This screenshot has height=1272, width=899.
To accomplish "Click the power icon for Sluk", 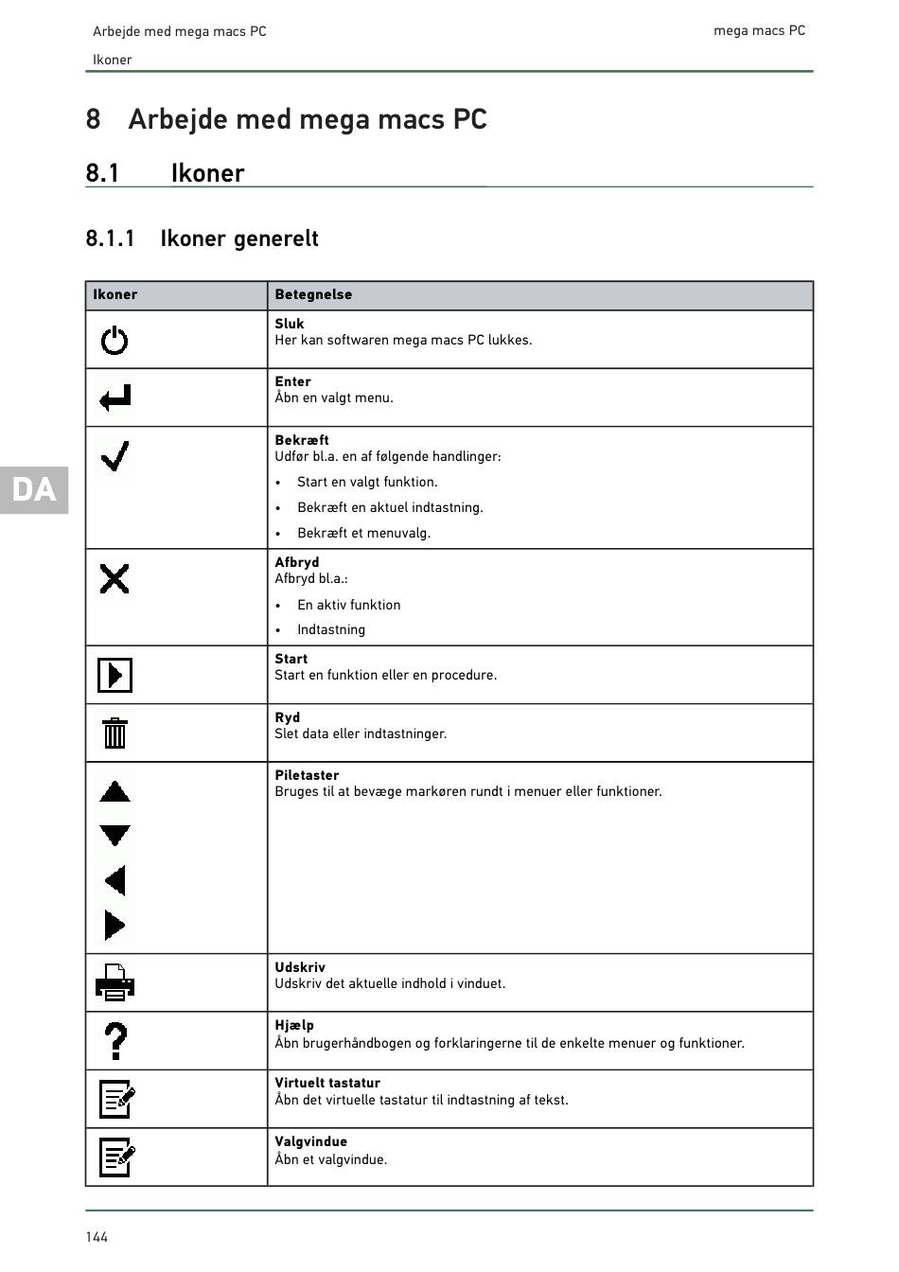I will [115, 340].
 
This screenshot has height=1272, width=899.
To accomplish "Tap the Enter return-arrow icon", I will [115, 397].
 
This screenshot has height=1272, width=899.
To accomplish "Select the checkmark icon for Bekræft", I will [115, 457].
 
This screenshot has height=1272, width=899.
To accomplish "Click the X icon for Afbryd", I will [115, 578].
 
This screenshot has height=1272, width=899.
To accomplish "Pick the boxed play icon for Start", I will [115, 675].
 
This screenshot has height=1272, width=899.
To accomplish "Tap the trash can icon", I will [115, 733].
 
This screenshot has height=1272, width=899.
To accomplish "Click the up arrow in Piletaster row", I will [115, 792].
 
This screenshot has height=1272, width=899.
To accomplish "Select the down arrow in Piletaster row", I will [115, 836].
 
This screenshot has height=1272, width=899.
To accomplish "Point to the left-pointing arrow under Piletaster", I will [115, 881].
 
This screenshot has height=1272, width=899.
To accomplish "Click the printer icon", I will [115, 982].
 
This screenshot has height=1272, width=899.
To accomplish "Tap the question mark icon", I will [115, 1041].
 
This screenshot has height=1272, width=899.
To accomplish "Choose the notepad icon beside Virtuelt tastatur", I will [116, 1099].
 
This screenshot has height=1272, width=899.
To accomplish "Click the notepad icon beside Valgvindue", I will [116, 1157].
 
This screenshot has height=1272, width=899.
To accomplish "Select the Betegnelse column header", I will [313, 294].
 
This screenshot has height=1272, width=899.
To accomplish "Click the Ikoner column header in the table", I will [115, 294].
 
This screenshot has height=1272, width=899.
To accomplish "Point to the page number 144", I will [97, 1237].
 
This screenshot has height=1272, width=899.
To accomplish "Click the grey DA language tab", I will [34, 489].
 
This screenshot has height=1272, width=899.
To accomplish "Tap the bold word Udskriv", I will [300, 967].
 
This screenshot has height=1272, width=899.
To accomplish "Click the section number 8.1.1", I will [110, 238].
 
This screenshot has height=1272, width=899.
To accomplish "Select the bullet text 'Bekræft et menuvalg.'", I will [363, 533].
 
